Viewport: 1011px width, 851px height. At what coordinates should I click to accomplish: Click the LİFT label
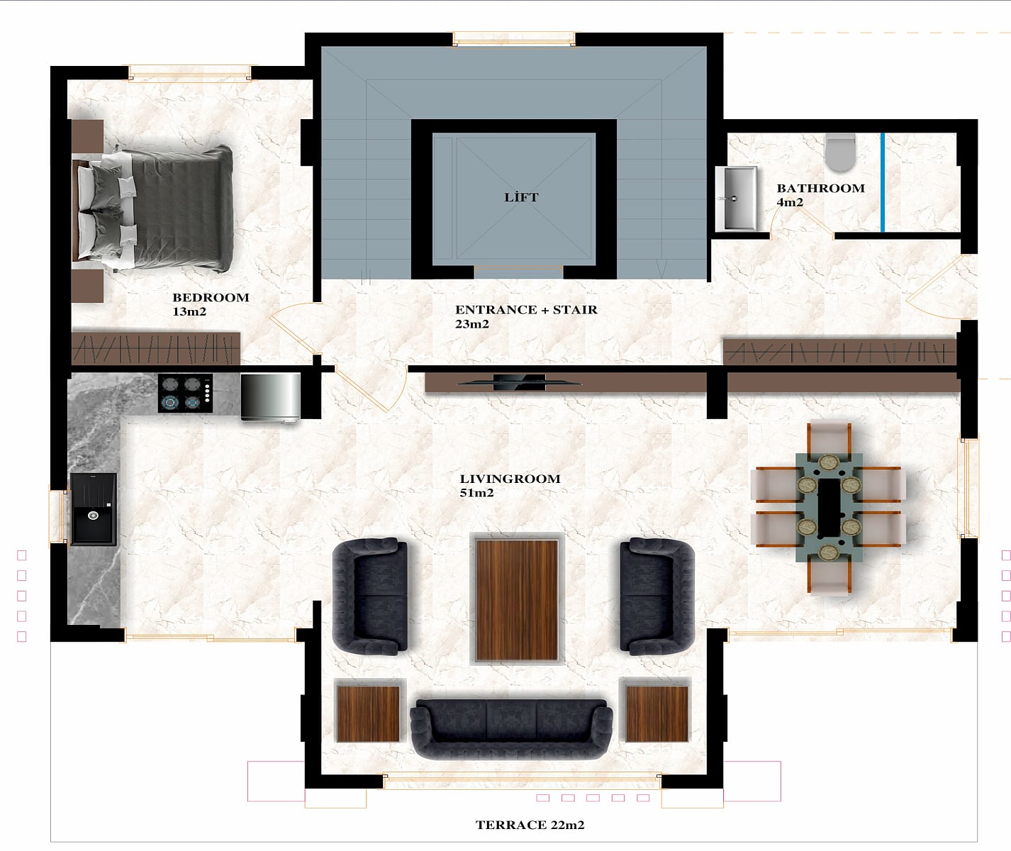click(x=521, y=196)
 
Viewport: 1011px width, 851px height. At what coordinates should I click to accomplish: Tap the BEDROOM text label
click(x=211, y=297)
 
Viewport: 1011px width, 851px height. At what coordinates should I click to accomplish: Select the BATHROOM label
click(x=821, y=188)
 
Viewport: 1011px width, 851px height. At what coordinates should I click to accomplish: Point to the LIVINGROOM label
click(x=510, y=479)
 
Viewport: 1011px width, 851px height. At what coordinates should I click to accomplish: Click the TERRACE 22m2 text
click(x=530, y=825)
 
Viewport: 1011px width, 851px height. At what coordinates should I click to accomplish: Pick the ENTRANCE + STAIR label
click(x=526, y=309)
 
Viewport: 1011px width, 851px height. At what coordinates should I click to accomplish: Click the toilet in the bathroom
click(x=841, y=152)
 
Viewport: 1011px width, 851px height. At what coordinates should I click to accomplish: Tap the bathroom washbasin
click(x=737, y=199)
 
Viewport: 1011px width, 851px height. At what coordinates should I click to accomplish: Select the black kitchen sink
click(x=94, y=509)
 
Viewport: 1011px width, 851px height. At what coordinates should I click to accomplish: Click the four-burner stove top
click(x=186, y=394)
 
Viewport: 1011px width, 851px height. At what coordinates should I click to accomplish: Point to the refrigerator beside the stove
click(x=271, y=397)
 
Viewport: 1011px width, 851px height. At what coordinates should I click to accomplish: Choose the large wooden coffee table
click(x=517, y=601)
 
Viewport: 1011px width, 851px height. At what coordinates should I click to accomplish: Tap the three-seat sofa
click(x=511, y=728)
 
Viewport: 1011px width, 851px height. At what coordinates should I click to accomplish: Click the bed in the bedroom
click(x=153, y=208)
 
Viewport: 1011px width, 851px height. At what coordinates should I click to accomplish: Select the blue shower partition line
click(x=883, y=182)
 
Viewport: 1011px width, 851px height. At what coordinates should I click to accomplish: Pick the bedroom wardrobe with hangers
click(x=156, y=348)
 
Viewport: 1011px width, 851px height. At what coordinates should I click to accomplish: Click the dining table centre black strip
click(x=829, y=508)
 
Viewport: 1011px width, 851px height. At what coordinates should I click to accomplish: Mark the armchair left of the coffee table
click(x=370, y=596)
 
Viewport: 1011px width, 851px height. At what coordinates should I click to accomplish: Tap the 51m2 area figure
click(x=476, y=493)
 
